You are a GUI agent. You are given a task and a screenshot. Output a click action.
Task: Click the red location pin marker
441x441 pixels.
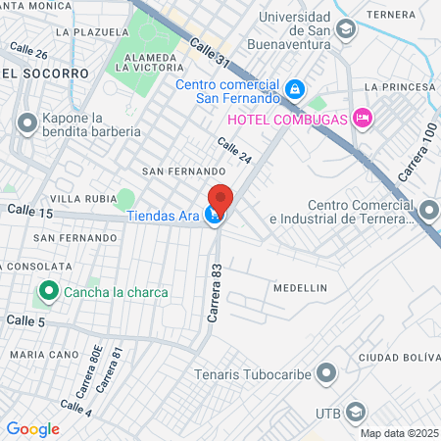coord(220,199)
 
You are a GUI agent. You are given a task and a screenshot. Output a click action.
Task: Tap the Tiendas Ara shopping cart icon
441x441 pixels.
coord(213,217)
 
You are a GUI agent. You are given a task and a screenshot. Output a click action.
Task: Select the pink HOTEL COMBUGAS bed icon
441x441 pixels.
coord(363,119)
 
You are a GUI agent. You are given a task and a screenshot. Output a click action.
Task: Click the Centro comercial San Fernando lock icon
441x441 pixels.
coord(294,91)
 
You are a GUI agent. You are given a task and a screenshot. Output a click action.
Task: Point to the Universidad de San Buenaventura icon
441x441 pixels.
coord(345,29)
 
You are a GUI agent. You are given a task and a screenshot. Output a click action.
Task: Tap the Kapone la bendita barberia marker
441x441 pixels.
coord(25,122)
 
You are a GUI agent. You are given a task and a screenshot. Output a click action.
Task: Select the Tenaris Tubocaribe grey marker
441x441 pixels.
coord(327,371)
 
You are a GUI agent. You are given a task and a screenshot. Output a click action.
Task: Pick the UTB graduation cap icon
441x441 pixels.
coord(356,413)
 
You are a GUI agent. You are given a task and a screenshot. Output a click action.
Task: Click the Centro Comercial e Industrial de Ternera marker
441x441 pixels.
coord(429,211)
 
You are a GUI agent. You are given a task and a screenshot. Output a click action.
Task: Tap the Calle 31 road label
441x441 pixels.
coord(209,53)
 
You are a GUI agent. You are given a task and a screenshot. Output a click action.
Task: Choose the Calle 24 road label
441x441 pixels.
coord(235,151)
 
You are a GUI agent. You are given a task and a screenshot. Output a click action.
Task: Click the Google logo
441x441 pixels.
coord(32,428)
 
